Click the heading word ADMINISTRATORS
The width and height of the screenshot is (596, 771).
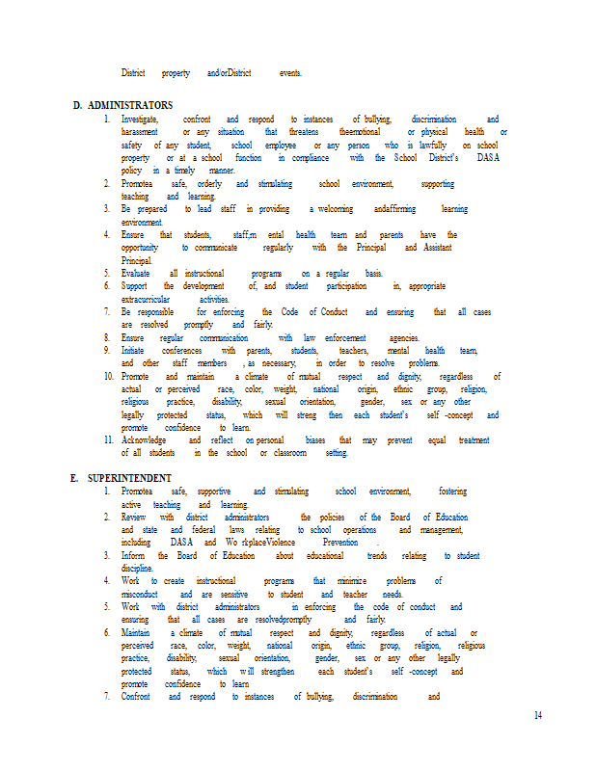click(x=130, y=105)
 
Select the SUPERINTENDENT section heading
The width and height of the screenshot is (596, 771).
click(x=129, y=478)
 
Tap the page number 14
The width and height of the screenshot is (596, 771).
click(x=538, y=714)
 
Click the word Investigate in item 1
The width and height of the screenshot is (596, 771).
click(x=141, y=119)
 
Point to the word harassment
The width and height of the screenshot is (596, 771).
click(x=142, y=131)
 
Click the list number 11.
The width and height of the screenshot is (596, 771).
click(x=109, y=439)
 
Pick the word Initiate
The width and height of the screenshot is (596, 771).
click(x=135, y=351)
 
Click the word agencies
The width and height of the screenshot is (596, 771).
click(x=403, y=337)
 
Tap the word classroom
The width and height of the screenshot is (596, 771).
click(x=293, y=452)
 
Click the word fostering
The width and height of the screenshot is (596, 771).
click(x=452, y=492)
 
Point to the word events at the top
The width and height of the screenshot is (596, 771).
click(x=290, y=72)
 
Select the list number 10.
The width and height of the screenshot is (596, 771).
click(x=109, y=376)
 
